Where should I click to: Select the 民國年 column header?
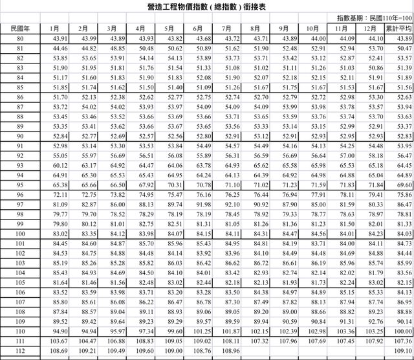point(21,29)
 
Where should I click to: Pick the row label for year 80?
point(21,38)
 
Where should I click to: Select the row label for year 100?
point(21,233)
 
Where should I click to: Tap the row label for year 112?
point(21,350)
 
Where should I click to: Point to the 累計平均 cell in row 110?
point(398,331)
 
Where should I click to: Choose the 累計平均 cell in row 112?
point(398,350)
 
